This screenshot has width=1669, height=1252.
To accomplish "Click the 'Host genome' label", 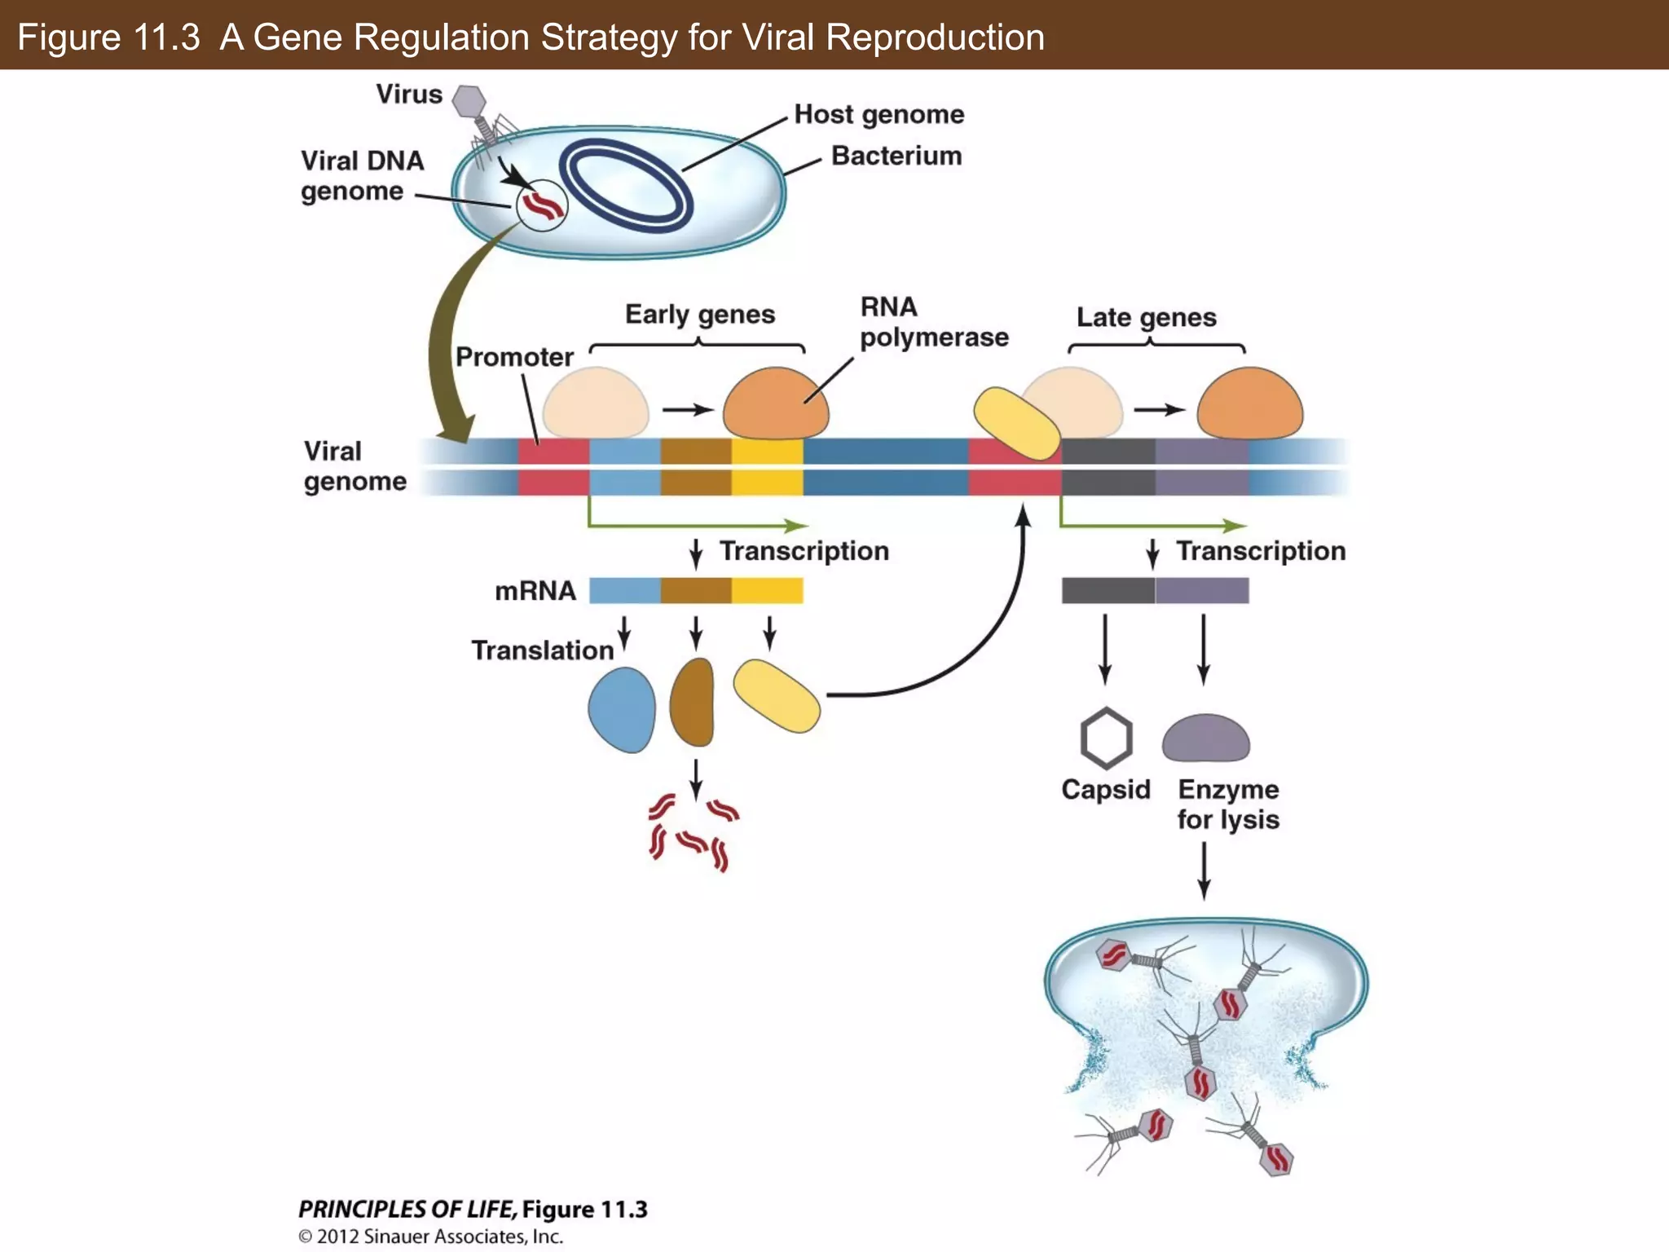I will pos(879,114).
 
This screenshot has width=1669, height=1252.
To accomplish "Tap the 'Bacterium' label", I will pos(896,156).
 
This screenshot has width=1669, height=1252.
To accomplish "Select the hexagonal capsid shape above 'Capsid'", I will pos(1106,738).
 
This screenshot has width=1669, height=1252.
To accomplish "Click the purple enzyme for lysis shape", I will pos(1205,738).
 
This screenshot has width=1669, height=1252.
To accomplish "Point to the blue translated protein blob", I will pos(622,709).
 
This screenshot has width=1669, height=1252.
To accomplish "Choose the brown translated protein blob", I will pos(693,703).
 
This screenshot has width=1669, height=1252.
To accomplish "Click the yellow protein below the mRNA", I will pos(777,696).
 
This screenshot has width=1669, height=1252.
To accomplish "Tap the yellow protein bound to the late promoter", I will pos(1015,423).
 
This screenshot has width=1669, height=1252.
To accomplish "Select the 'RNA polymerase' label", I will pos(933,322).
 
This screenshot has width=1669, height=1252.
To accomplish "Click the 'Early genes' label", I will pos(699,315).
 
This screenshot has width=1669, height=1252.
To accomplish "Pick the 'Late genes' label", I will pos(1146,317).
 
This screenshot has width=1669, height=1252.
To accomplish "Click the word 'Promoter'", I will pos(514,357).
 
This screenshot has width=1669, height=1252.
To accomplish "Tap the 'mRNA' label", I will pos(535,591).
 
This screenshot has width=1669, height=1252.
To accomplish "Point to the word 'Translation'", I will pos(542,650).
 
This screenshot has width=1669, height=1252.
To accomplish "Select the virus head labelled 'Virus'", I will pos(469,101).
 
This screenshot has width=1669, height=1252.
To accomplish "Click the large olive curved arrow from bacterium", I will pos(444,342).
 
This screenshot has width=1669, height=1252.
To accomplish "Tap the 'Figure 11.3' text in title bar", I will pos(108,37).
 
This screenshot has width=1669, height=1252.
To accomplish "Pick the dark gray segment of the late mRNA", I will pos(1108,591).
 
